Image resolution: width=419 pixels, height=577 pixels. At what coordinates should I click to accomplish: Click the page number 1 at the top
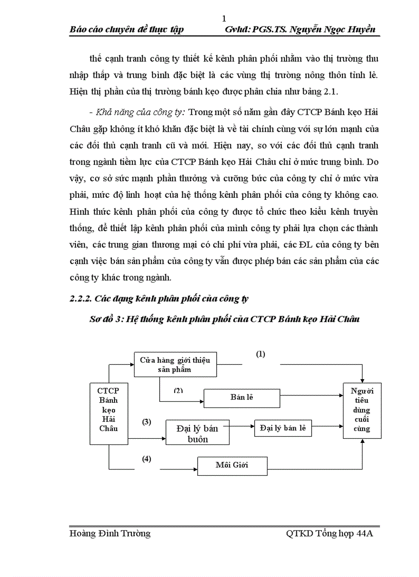click(224, 19)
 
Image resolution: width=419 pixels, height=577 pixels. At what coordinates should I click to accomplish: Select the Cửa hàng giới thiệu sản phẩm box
click(175, 364)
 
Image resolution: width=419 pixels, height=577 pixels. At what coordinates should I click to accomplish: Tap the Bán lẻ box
click(242, 398)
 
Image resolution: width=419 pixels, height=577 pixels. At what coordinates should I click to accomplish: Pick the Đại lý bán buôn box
click(197, 433)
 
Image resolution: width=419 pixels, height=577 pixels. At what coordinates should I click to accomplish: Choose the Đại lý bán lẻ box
click(283, 428)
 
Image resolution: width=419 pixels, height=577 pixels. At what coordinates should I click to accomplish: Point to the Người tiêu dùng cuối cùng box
click(362, 411)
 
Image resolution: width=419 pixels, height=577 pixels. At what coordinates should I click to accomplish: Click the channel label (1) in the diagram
click(261, 354)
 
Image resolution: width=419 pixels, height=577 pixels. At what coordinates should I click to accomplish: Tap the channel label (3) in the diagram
click(147, 422)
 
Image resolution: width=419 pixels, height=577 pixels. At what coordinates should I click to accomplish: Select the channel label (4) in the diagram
click(147, 459)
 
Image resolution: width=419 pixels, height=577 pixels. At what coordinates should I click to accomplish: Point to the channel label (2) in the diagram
click(178, 390)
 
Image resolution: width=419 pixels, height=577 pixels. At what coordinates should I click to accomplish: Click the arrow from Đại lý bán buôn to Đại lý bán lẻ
click(241, 426)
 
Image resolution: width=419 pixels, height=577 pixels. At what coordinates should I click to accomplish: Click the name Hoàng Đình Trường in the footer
click(110, 533)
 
